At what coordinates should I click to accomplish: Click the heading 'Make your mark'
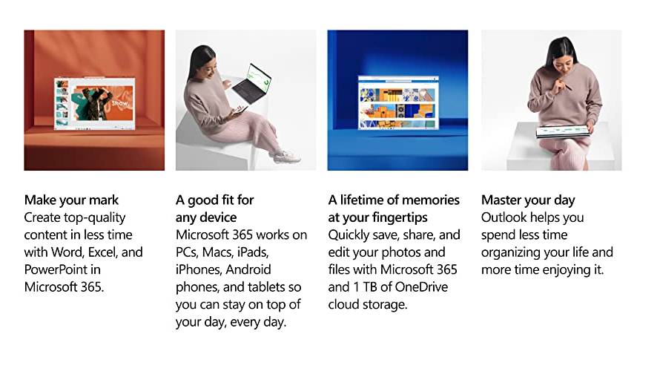coord(71,200)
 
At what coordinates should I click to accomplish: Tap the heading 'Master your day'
coord(528,200)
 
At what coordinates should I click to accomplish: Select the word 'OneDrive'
coord(421,286)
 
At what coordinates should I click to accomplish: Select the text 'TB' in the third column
coord(370,286)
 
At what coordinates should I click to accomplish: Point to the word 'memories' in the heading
coord(433,200)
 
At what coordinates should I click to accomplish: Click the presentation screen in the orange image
coord(95,102)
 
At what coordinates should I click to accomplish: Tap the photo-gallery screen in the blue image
coord(398,102)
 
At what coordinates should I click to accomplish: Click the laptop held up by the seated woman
coord(251,84)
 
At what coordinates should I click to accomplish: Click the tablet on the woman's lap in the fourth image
coord(563,131)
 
